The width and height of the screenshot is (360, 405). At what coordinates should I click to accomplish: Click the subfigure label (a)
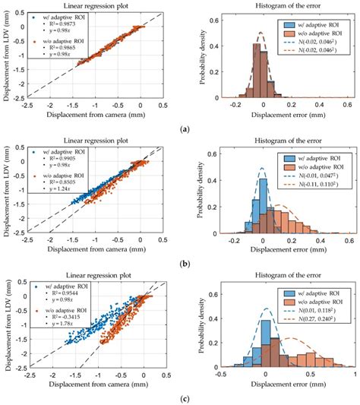click(179, 129)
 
